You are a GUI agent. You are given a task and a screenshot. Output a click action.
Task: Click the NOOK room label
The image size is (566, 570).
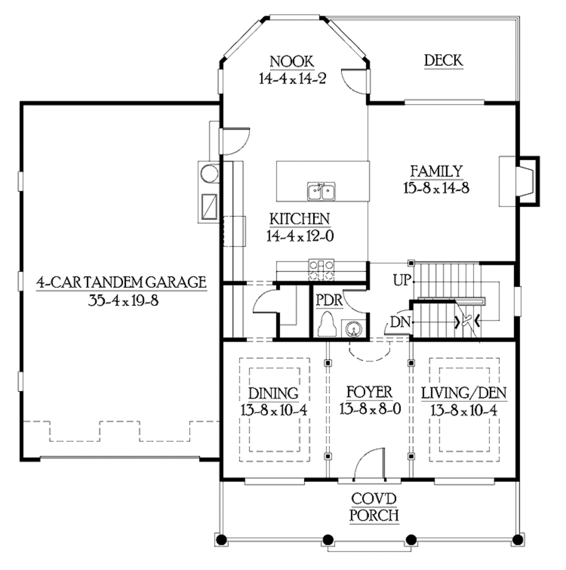click(292, 61)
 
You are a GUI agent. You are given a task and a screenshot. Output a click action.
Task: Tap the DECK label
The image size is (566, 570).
click(443, 60)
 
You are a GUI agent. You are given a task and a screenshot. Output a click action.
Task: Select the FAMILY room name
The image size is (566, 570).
click(436, 171)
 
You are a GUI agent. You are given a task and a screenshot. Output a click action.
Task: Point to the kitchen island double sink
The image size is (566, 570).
click(321, 191)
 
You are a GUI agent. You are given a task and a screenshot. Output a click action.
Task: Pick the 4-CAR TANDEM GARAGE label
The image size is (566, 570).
click(121, 283)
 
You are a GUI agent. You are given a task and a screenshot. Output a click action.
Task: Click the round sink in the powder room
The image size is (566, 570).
click(353, 330)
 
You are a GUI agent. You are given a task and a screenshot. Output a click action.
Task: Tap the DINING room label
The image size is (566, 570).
click(274, 394)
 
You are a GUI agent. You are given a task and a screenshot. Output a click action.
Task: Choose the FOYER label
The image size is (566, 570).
click(369, 393)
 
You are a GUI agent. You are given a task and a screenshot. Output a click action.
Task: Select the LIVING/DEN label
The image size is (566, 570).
click(464, 394)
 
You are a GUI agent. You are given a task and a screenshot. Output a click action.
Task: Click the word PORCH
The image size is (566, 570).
click(375, 516)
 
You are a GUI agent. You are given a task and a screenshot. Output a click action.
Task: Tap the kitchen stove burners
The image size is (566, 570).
click(321, 269)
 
